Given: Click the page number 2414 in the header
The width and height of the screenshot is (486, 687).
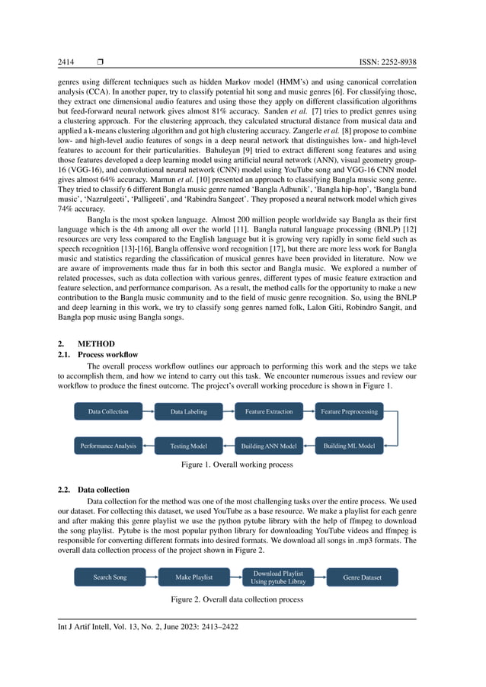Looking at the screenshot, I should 67,62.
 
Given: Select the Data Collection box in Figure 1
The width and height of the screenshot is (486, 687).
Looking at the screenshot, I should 109,412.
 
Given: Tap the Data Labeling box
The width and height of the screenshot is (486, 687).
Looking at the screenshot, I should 188,412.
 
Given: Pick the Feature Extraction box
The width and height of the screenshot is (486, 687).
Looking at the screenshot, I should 269,412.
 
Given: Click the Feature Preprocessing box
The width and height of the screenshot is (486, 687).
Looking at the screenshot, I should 349,412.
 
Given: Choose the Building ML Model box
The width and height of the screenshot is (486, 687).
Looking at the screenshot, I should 349,446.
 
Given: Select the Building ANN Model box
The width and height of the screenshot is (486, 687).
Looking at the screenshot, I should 269,446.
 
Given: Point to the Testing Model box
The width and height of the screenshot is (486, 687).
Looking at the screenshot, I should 188,446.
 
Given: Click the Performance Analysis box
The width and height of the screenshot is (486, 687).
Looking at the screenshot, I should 109,446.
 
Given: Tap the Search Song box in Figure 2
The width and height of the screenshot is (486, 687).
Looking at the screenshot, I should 110,577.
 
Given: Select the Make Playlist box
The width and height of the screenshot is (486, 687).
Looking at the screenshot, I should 194,577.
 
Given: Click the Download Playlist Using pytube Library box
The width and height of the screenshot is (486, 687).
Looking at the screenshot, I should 277,577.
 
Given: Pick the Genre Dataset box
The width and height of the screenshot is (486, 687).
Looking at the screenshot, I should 362,577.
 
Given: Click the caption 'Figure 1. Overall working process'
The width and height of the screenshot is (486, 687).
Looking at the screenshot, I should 237,465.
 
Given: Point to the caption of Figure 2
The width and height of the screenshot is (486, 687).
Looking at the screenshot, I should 237,600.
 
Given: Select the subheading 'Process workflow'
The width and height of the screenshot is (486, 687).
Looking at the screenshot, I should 108,355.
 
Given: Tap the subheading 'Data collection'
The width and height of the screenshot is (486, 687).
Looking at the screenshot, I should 104,490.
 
